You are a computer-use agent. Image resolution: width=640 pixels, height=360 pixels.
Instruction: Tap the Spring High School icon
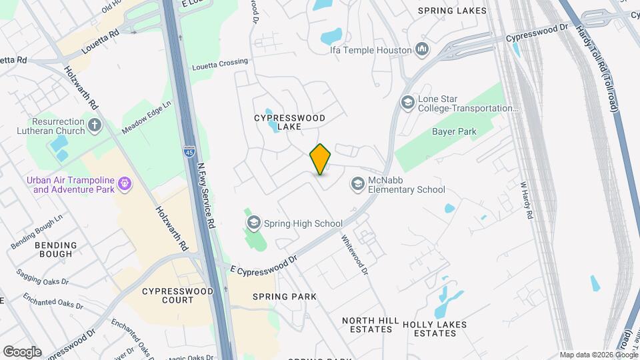253,223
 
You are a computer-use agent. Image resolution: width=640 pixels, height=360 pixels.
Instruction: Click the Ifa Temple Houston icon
422,49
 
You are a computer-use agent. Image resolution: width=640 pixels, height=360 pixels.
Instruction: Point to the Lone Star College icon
407,103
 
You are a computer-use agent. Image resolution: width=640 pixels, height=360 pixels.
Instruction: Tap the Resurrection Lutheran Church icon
95,125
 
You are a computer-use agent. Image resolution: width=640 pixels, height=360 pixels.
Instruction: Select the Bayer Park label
454,132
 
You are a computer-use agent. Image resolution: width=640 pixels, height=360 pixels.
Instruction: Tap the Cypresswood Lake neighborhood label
290,122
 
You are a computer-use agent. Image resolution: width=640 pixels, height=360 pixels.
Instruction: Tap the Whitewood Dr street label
355,255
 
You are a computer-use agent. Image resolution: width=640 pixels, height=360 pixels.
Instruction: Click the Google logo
22,351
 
